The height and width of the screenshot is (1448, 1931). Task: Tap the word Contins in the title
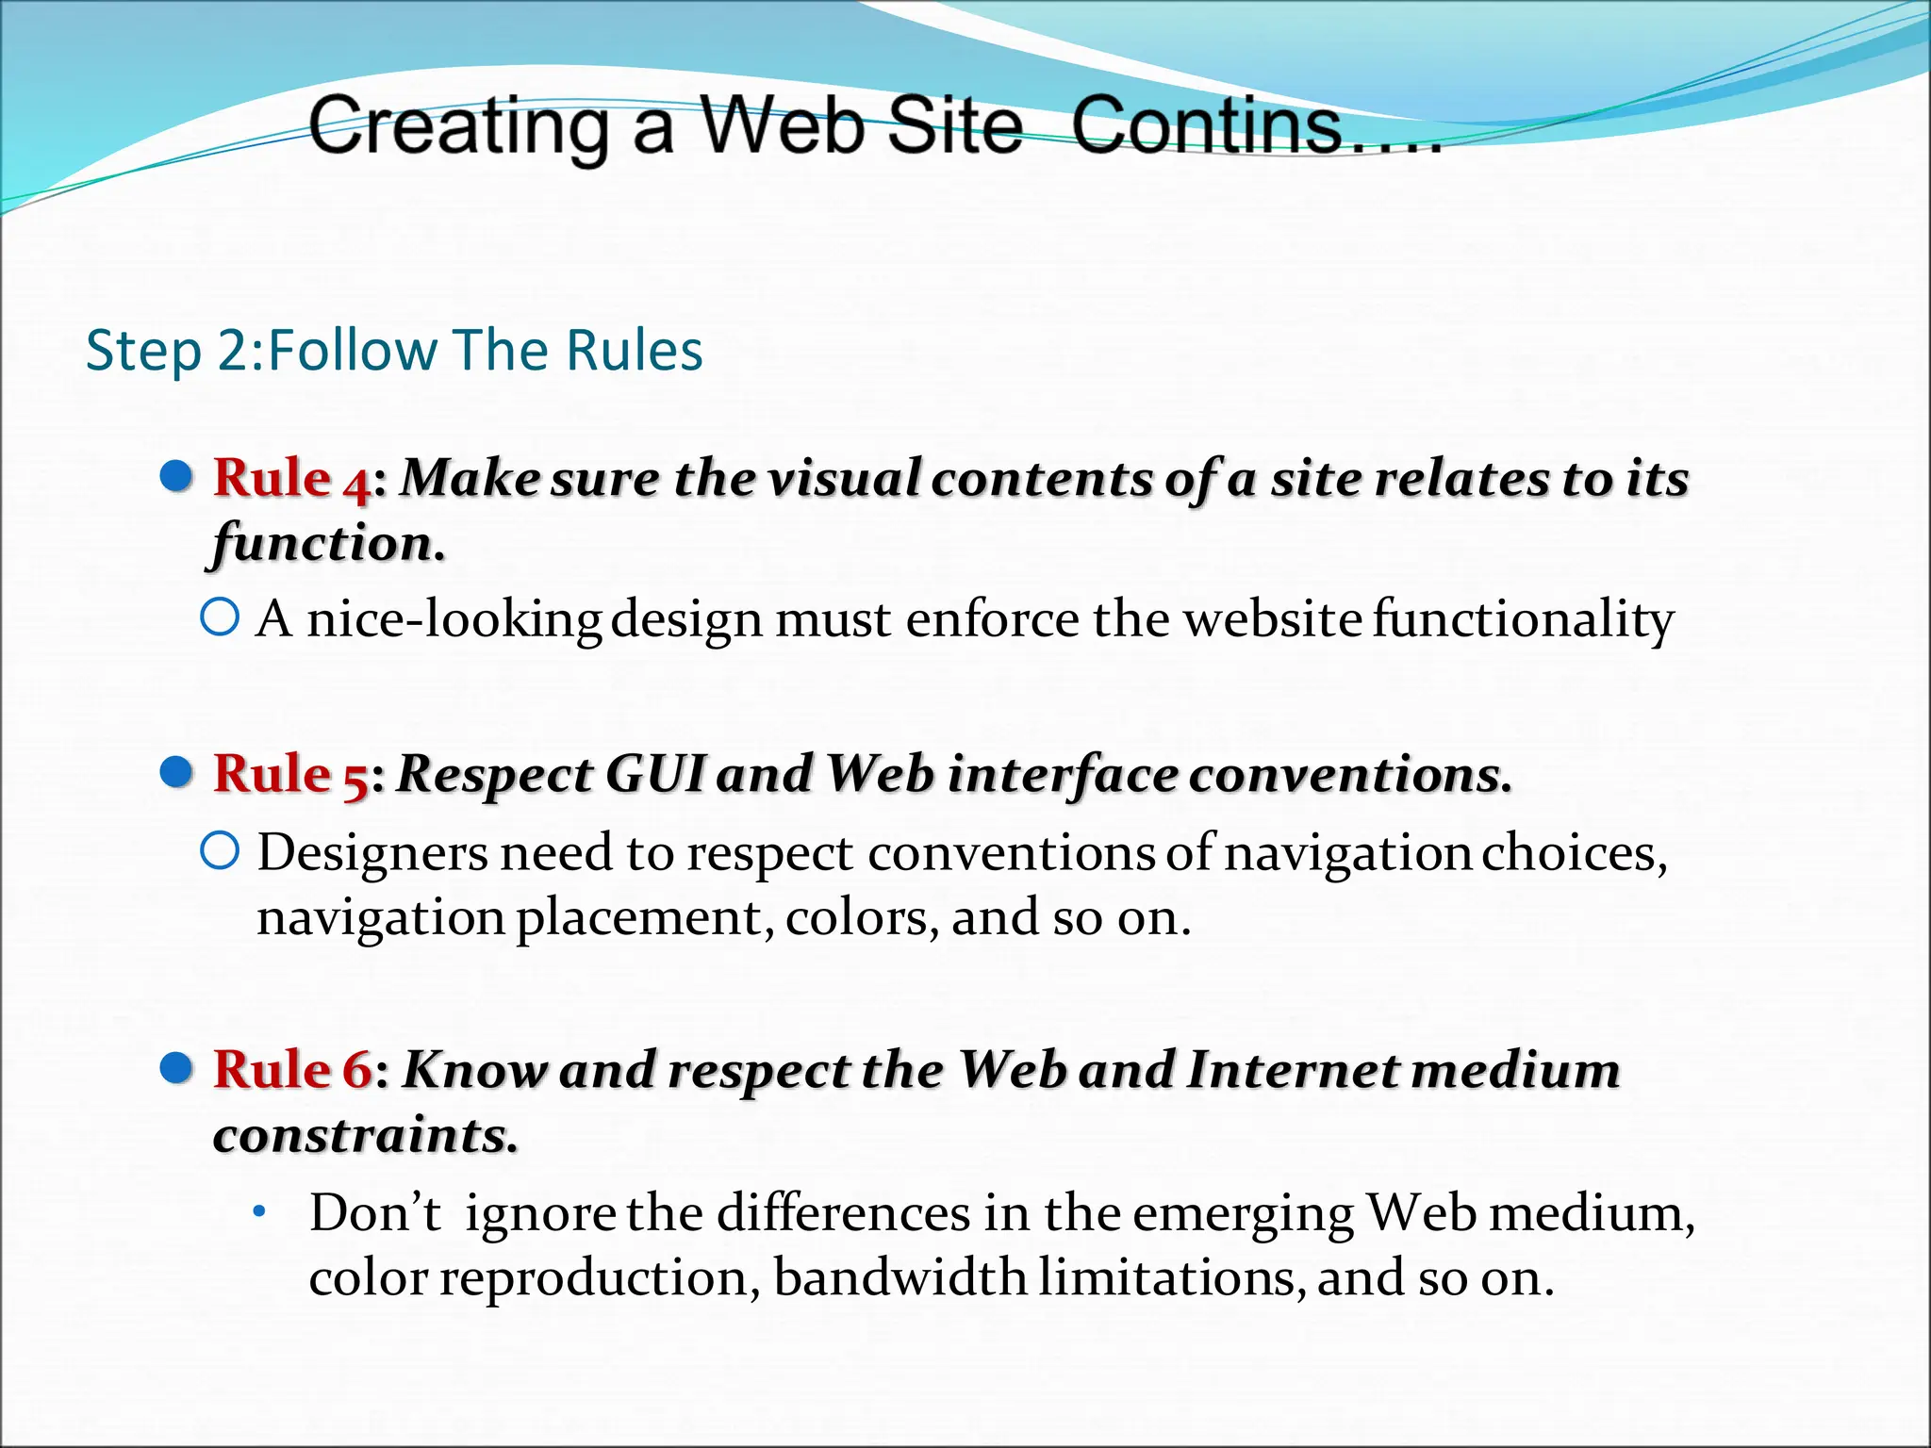1207,126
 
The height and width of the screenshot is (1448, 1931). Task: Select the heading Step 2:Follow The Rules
394,351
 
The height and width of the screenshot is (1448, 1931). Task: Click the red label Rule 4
291,478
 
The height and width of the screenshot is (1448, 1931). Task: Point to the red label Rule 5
290,775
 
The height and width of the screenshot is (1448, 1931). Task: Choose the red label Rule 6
292,1070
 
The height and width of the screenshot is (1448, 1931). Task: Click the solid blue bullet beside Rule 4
177,477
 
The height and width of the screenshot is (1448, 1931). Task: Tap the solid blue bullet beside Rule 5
177,773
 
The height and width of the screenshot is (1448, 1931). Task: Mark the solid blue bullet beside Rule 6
177,1069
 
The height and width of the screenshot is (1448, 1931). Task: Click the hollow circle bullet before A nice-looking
220,618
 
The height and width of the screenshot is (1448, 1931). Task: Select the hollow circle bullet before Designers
220,852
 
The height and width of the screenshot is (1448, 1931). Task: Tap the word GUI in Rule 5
655,775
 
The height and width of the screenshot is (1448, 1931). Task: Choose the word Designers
372,853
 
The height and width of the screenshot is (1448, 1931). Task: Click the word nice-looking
454,620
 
